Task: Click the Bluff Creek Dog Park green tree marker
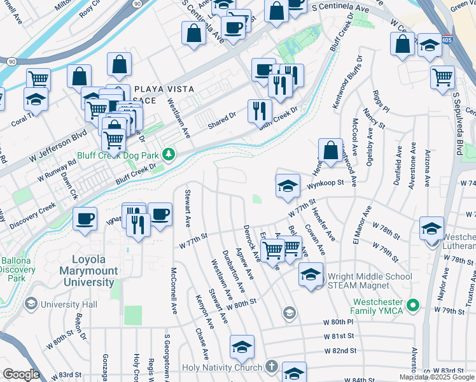[169, 155]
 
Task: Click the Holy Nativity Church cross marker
[272, 367]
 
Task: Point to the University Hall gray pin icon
[31, 304]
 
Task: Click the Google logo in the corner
[21, 374]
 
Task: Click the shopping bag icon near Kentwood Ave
[330, 151]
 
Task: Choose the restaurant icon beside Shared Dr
[260, 110]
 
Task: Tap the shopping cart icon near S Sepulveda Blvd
[442, 77]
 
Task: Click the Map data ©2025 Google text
[437, 377]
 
